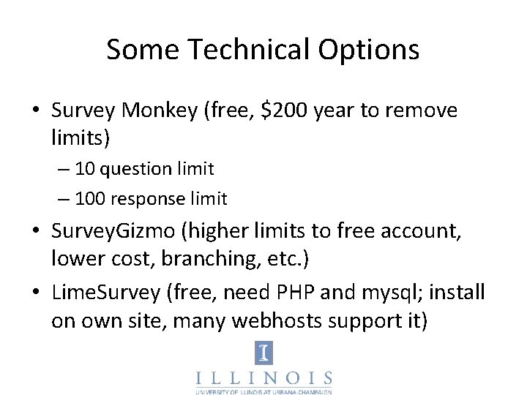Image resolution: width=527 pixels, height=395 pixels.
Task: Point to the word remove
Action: pos(419,110)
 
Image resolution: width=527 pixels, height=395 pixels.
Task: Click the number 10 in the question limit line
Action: pos(84,169)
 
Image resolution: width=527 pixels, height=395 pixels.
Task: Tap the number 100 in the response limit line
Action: pos(89,198)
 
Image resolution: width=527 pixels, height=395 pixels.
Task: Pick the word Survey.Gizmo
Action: pos(113,232)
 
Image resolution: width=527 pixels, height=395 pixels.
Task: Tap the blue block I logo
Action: pos(263,353)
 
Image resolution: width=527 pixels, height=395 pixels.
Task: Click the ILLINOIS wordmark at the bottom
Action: pos(263,378)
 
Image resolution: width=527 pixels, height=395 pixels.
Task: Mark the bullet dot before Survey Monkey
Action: pos(36,111)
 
